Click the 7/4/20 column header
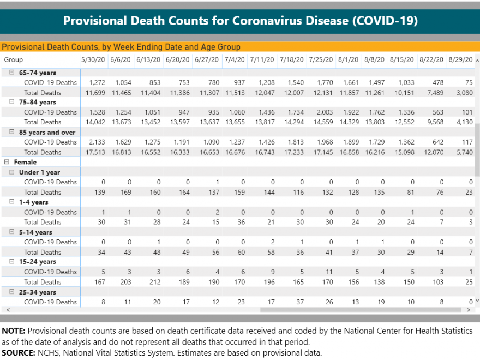coord(235,59)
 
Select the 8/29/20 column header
coord(461,59)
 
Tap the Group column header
coord(14,59)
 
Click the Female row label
coord(25,162)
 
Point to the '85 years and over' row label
coord(47,132)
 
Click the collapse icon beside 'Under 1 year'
coord(11,172)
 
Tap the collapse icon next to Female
coord(7,162)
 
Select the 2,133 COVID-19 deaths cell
coord(97,142)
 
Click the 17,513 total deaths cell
coord(95,152)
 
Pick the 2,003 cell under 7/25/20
coord(325,112)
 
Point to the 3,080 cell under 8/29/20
coord(465,93)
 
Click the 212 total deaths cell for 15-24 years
coord(155,282)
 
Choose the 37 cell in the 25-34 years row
coord(300,302)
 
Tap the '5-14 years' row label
coord(35,232)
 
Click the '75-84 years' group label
coord(37,102)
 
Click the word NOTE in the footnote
coord(13,331)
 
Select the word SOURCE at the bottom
coord(18,353)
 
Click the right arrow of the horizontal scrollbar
coord(469,310)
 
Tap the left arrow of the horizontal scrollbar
coord(8,310)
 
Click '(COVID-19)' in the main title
coord(385,21)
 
